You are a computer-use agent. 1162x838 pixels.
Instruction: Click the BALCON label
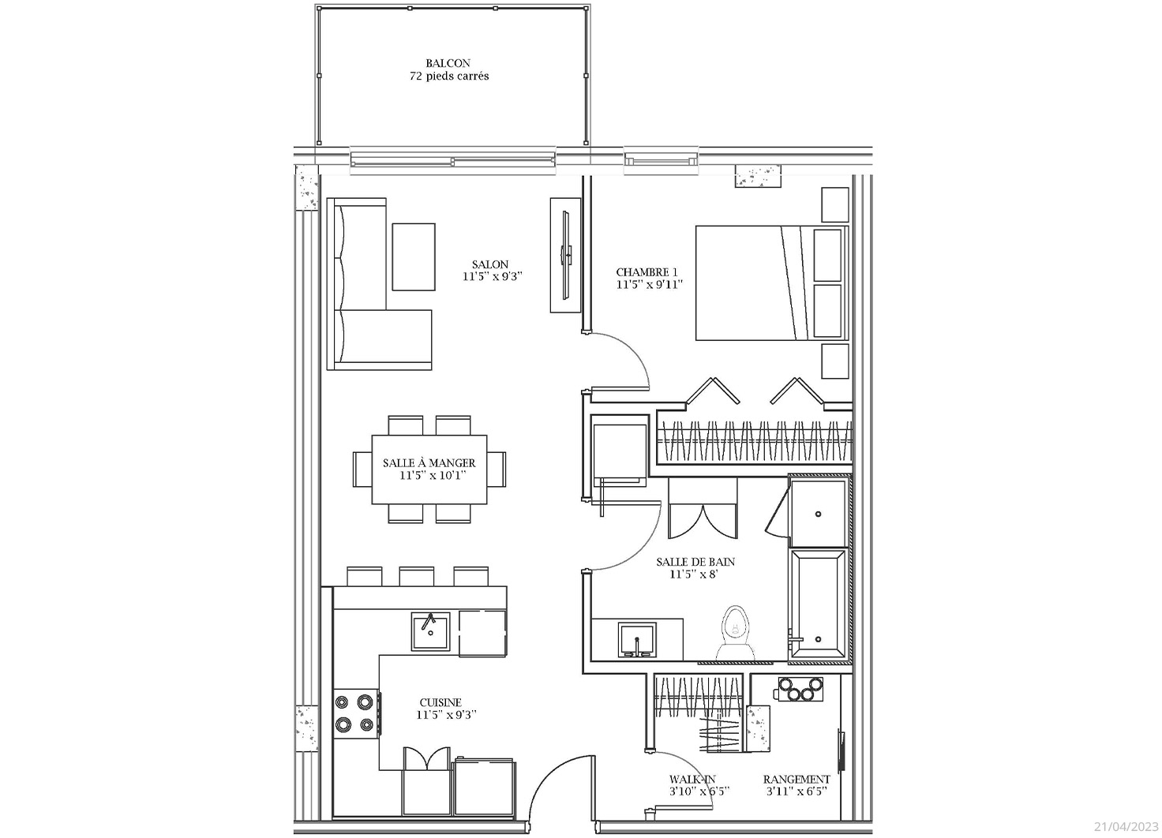(x=448, y=63)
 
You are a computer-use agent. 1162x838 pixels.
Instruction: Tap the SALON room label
(x=490, y=264)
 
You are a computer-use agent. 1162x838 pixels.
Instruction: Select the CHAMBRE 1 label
(x=647, y=272)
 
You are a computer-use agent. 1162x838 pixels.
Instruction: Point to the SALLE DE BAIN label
(x=695, y=562)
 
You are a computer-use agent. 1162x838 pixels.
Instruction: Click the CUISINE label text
(x=441, y=702)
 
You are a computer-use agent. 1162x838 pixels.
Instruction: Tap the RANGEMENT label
(x=797, y=780)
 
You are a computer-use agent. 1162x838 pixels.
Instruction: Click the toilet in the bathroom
(x=736, y=634)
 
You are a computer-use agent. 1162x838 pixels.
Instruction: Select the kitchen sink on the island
(x=430, y=631)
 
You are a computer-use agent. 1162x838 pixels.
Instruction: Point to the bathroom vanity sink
(x=637, y=640)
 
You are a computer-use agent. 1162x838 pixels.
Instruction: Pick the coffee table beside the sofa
(x=414, y=257)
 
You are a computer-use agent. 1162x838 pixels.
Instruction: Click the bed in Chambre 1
(x=772, y=282)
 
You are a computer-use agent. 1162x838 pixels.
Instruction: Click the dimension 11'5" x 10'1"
(x=429, y=476)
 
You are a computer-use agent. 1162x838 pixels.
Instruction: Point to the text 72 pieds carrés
(x=449, y=77)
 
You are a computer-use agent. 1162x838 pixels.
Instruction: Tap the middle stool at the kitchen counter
(x=417, y=576)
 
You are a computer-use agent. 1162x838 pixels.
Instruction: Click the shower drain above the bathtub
(x=818, y=514)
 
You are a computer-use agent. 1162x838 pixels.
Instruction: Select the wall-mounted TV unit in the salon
(x=565, y=255)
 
